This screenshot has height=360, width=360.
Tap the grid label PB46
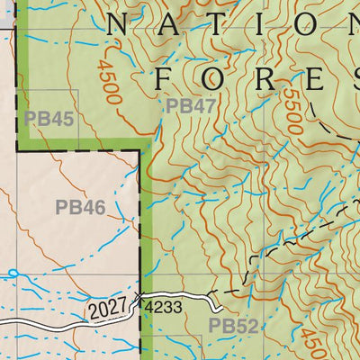(80, 208)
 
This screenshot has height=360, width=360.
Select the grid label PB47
(191, 106)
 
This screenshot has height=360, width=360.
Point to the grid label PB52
(233, 325)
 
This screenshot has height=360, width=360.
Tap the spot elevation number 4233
(164, 307)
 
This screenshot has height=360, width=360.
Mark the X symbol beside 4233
(139, 297)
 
